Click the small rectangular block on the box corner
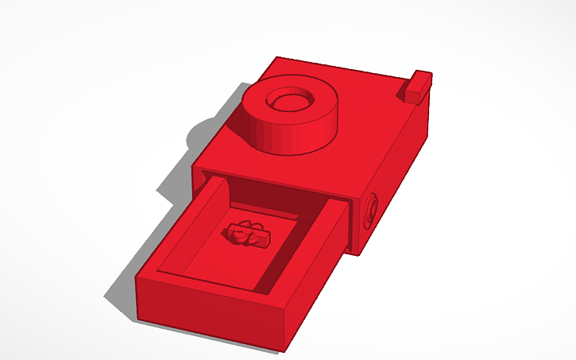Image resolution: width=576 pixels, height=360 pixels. click(x=417, y=86)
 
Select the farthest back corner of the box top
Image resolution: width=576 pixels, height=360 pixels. click(x=277, y=57)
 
